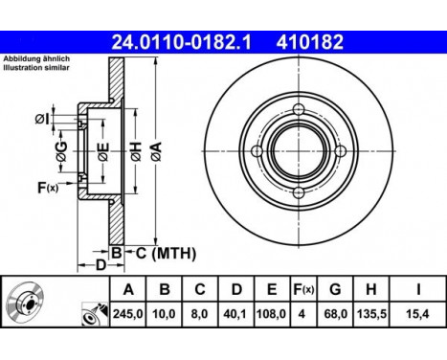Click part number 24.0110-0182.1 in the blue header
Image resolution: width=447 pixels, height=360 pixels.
point(181,42)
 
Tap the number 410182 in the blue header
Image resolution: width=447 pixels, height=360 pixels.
point(310,42)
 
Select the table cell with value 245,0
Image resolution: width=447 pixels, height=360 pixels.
point(128,314)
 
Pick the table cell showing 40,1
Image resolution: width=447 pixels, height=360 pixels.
point(236,314)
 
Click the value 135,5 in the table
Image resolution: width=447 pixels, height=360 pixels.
point(371,314)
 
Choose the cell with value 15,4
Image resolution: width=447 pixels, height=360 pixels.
point(417,314)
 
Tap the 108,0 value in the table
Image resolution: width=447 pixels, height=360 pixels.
point(272,314)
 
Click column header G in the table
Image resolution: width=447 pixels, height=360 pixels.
point(335,289)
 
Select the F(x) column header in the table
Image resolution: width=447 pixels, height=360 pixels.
point(303,289)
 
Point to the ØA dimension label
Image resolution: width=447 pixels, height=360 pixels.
point(156,151)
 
